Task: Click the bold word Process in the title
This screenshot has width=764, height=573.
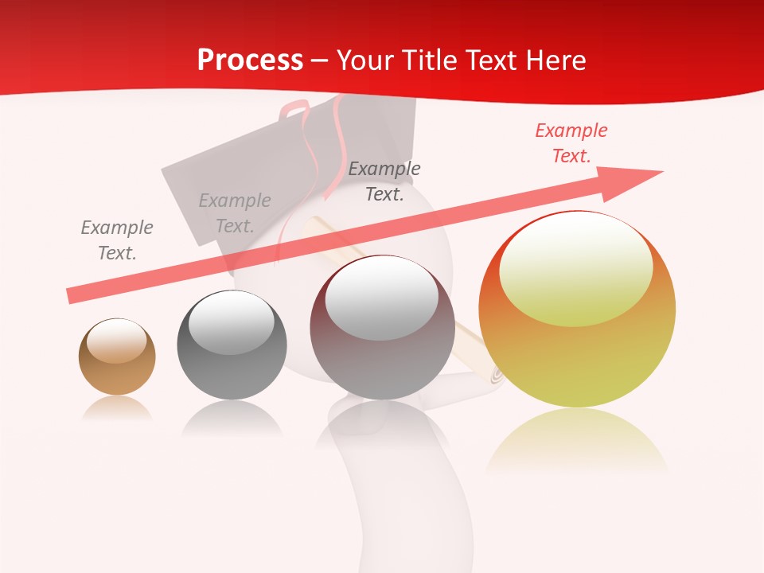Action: (250, 60)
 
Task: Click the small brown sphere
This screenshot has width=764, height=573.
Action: (117, 357)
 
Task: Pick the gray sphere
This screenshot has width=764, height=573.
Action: (232, 345)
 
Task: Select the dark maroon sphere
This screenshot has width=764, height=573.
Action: (382, 327)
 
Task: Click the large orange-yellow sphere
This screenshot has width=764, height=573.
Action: (577, 309)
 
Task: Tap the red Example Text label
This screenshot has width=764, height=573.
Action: (571, 143)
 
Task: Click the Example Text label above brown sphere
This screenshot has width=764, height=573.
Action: (117, 240)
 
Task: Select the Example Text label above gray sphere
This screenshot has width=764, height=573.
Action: (235, 212)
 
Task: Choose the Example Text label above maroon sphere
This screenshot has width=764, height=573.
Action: (384, 181)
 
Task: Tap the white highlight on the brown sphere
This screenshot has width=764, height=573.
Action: (117, 341)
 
